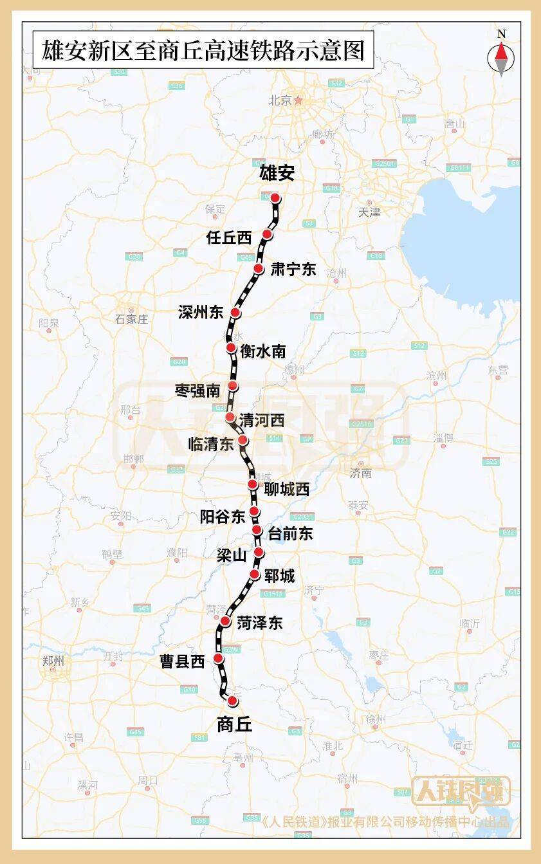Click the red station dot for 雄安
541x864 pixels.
tap(275, 198)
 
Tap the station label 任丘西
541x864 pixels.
tap(229, 237)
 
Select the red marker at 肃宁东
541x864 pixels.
tap(259, 269)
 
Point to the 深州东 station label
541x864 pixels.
tap(201, 313)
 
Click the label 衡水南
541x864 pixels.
tap(262, 351)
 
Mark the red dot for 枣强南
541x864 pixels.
tap(233, 386)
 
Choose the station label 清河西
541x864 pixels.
tap(261, 421)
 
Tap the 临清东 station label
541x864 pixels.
tap(210, 444)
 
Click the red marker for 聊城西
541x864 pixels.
tap(253, 484)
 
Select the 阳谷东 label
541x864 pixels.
tap(223, 516)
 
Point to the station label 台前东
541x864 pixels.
tap(290, 533)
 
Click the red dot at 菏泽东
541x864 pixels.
tap(226, 621)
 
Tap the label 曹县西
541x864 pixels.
tap(182, 661)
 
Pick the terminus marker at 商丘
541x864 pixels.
tap(232, 701)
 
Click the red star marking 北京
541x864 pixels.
tap(298, 100)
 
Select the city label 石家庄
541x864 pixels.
tap(131, 319)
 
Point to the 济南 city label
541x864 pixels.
tap(361, 473)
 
